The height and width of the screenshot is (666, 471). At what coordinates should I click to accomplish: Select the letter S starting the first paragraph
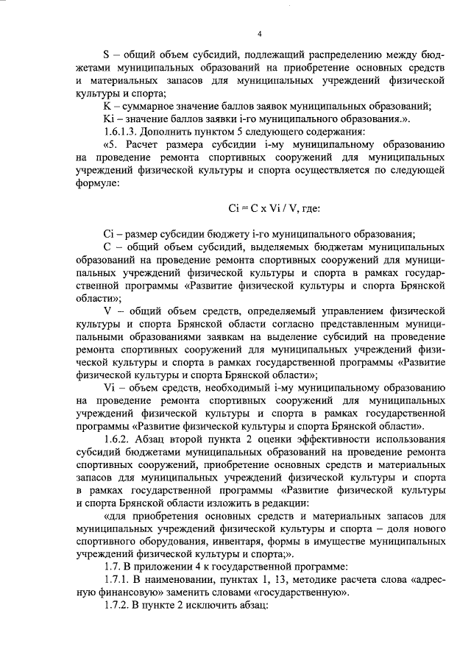coord(107,54)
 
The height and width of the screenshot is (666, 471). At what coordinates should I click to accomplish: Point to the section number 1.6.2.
coord(118,440)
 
